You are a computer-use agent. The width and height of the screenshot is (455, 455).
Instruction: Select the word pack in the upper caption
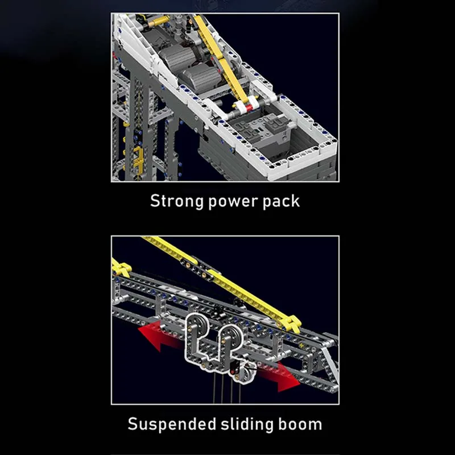[281, 201]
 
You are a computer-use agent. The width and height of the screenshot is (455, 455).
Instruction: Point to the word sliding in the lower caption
[247, 424]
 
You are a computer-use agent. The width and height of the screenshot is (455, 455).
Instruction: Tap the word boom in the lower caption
[300, 424]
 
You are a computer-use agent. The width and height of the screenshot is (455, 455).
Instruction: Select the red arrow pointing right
[278, 377]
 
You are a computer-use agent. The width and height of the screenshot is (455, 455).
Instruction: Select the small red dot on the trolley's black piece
[232, 372]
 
